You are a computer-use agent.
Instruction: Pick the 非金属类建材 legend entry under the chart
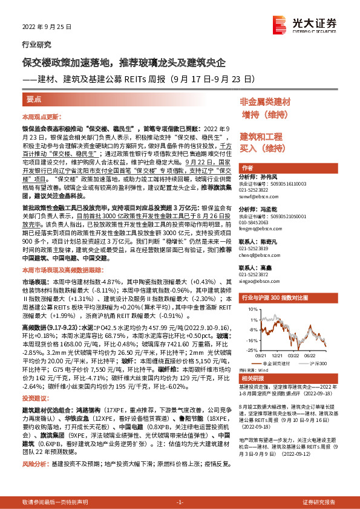[x=272, y=363]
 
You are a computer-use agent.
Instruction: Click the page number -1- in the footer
[x=179, y=502]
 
